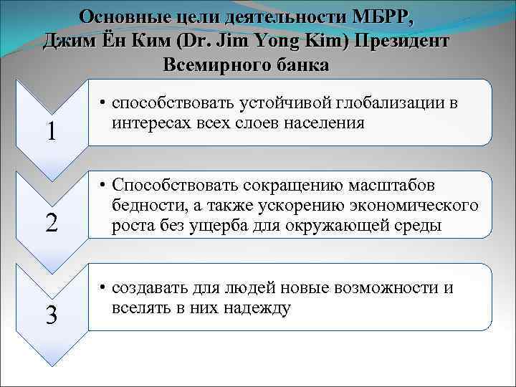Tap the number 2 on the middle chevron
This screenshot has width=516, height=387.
point(52,224)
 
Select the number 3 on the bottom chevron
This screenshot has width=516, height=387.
point(52,315)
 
